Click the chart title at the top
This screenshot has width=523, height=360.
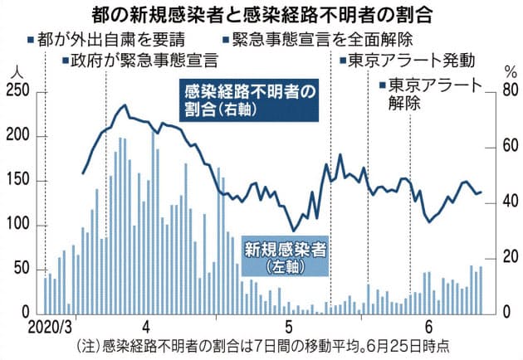click(262, 15)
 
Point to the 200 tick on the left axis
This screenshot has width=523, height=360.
click(18, 136)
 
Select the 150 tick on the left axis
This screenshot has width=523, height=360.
click(18, 181)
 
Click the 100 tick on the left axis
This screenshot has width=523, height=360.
click(18, 226)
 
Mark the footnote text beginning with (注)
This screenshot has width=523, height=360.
click(262, 346)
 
